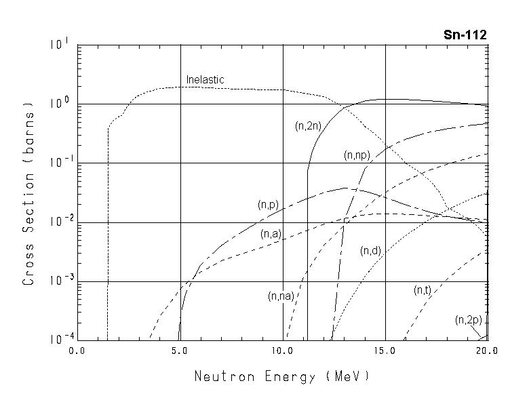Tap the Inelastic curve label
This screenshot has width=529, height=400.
point(205,80)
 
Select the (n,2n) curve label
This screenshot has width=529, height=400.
point(308,125)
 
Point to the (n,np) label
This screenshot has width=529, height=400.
point(357,155)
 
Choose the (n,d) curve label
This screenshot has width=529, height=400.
point(370,251)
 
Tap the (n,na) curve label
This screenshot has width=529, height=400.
point(281,296)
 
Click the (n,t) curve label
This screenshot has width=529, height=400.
point(423,290)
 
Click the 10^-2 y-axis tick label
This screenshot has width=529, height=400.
point(58,222)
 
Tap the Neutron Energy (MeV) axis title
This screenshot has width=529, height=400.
point(282,376)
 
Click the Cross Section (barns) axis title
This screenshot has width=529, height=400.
point(28,193)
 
